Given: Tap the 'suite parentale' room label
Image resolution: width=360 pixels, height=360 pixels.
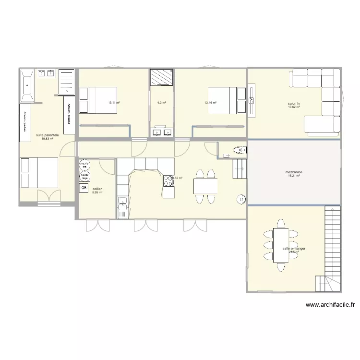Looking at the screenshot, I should [x=48, y=135].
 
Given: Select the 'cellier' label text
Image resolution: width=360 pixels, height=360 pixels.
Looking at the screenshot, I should [x=97, y=189].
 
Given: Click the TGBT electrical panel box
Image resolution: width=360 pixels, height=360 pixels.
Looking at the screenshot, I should [x=84, y=188].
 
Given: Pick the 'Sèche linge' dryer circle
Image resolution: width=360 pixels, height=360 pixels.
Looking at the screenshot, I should [x=84, y=176].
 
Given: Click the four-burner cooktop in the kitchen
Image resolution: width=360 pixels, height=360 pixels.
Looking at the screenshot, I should [x=169, y=181].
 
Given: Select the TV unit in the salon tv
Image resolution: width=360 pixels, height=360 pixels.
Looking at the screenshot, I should [x=252, y=100].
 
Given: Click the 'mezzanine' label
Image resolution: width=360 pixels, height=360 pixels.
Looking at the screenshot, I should [x=294, y=172].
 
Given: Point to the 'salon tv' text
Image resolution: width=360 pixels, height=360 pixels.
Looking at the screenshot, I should [x=294, y=103].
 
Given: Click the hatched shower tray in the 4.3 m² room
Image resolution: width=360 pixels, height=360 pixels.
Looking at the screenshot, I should [x=161, y=77].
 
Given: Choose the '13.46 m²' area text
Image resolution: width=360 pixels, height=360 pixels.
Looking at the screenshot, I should [x=210, y=103].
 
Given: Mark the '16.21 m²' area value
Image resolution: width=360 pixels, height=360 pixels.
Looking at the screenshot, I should [x=294, y=176].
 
